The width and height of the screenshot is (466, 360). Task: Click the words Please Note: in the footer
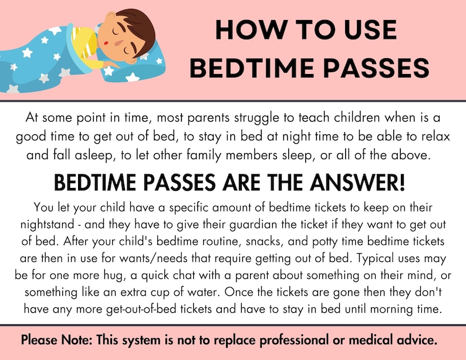pos(56,340)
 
